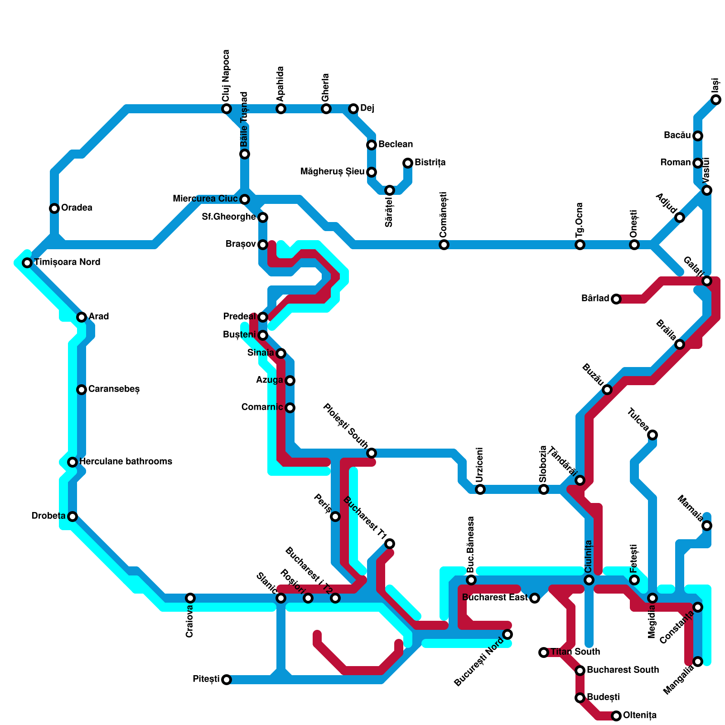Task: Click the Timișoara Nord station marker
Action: point(27,263)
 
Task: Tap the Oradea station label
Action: point(77,208)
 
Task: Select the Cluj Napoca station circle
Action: point(227,109)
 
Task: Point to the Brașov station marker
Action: point(263,245)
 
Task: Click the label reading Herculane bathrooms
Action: point(126,462)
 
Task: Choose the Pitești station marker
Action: point(227,680)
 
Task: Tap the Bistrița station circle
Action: point(408,163)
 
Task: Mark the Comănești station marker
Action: point(444,245)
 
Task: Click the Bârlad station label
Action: point(595,299)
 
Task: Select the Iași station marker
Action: point(716,100)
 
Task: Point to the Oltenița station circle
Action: point(616,716)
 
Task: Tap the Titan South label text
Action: point(575,652)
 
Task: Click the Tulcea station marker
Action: point(652,435)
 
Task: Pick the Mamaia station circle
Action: point(707,526)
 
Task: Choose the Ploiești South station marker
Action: point(372,453)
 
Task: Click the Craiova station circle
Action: point(190,598)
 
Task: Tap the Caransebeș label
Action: point(114,389)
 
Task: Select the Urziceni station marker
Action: point(480,489)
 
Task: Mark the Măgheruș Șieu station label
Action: point(333,172)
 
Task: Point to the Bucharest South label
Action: point(623,670)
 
